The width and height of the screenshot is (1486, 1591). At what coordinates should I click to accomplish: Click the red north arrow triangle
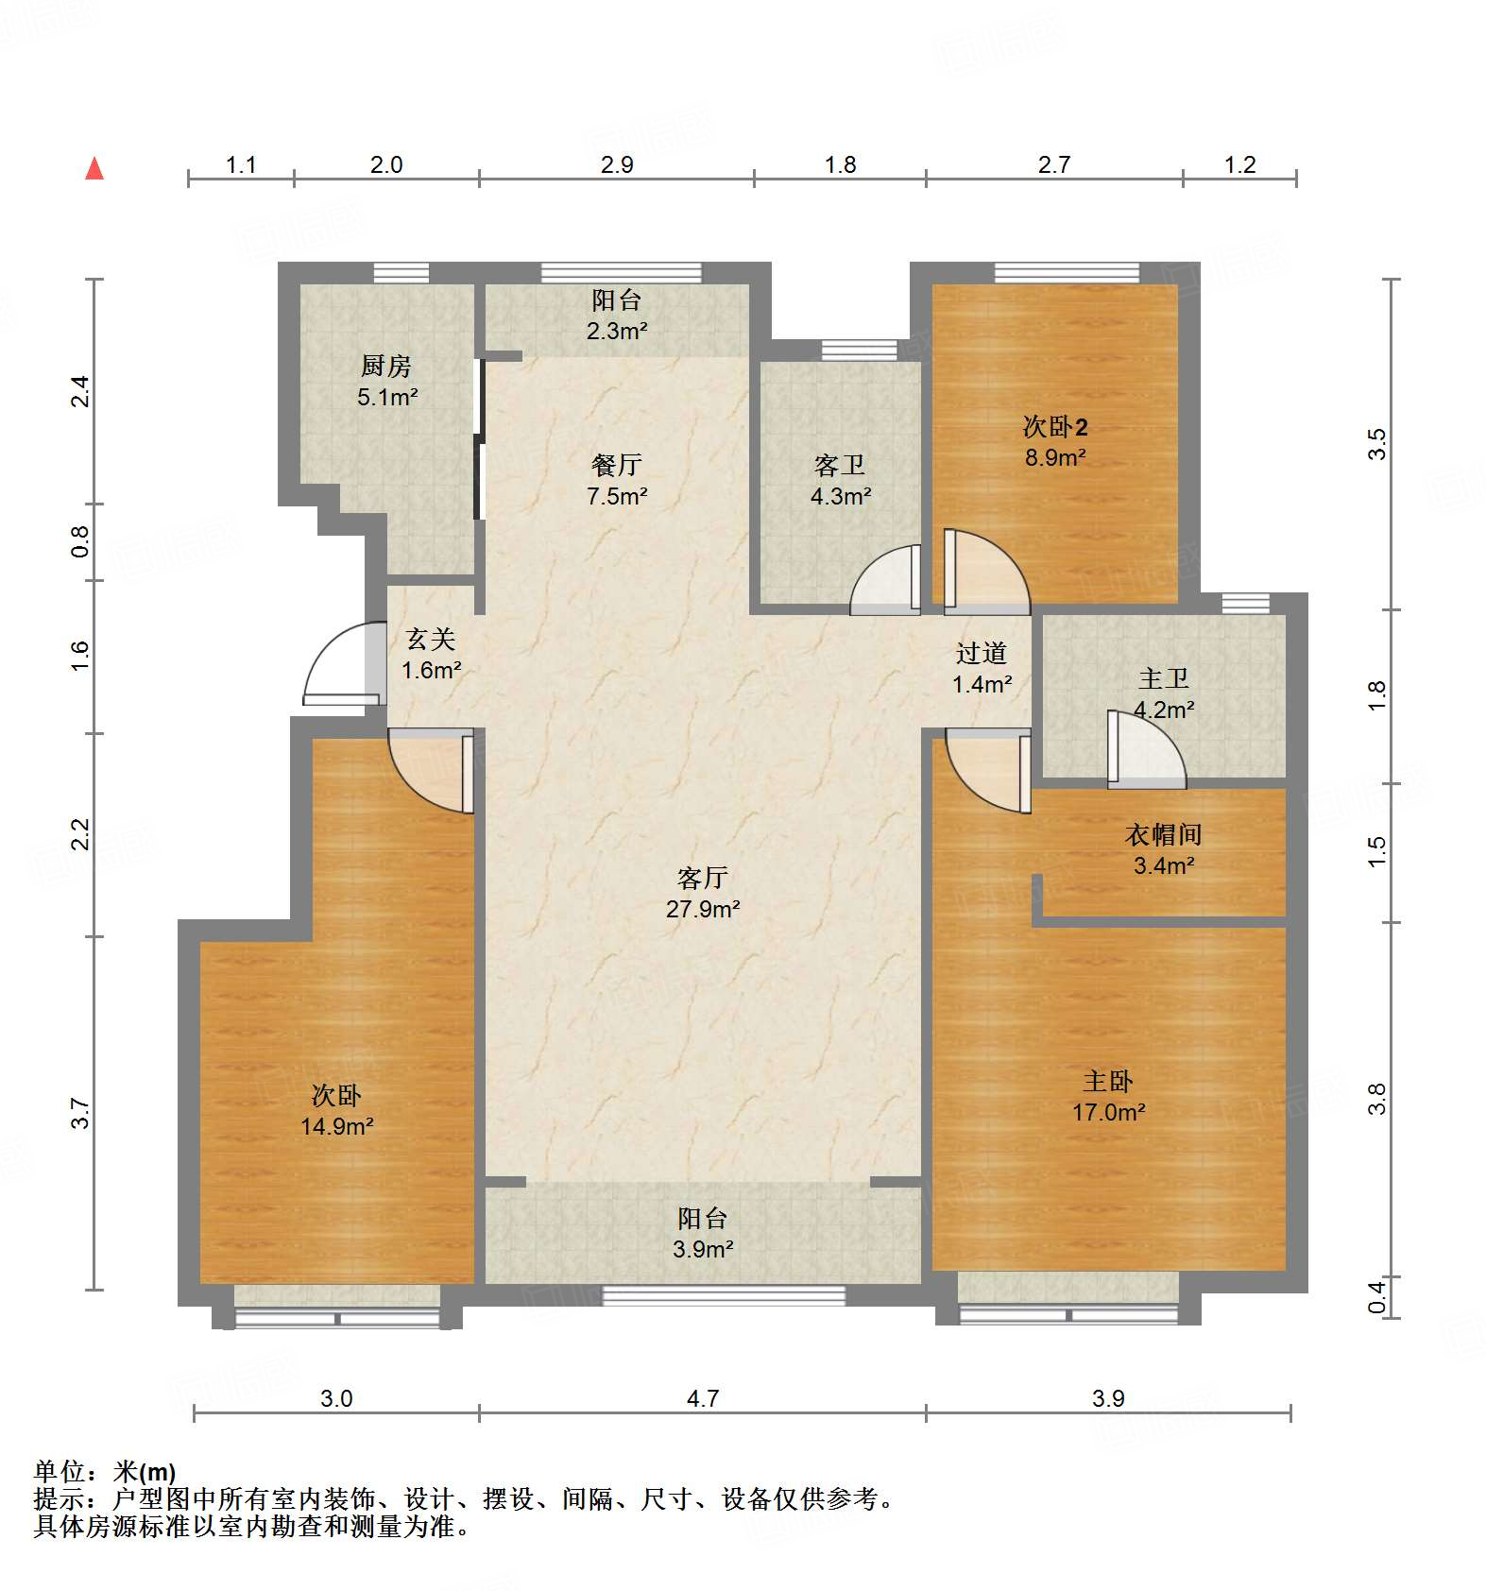click(94, 169)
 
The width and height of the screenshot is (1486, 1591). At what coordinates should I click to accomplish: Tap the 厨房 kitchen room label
click(386, 381)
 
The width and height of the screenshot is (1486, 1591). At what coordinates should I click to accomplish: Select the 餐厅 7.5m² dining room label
click(616, 480)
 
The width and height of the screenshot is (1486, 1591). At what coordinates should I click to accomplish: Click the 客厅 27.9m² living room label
click(702, 893)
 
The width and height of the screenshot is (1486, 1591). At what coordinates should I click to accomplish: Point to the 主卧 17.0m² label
click(1107, 1096)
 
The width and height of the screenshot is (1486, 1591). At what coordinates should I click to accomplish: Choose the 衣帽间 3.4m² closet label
click(1163, 849)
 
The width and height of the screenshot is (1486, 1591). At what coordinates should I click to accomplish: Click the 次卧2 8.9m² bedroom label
click(1054, 441)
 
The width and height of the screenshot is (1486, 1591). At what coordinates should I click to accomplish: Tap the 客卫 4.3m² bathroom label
click(839, 480)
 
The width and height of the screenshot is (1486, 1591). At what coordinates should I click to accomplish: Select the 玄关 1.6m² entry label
click(431, 654)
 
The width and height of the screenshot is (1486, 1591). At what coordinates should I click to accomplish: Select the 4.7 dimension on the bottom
click(702, 1397)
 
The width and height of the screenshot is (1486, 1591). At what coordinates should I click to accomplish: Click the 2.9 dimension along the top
click(616, 164)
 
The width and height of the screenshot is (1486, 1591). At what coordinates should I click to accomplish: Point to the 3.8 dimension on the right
click(1376, 1099)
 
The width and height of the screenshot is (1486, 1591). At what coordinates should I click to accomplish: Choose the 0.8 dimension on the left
click(80, 541)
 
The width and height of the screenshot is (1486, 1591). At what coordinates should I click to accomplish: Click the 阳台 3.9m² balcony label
click(702, 1233)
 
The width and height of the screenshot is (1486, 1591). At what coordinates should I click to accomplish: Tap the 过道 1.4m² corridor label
click(982, 668)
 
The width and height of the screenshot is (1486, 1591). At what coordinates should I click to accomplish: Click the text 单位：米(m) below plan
click(105, 1471)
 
